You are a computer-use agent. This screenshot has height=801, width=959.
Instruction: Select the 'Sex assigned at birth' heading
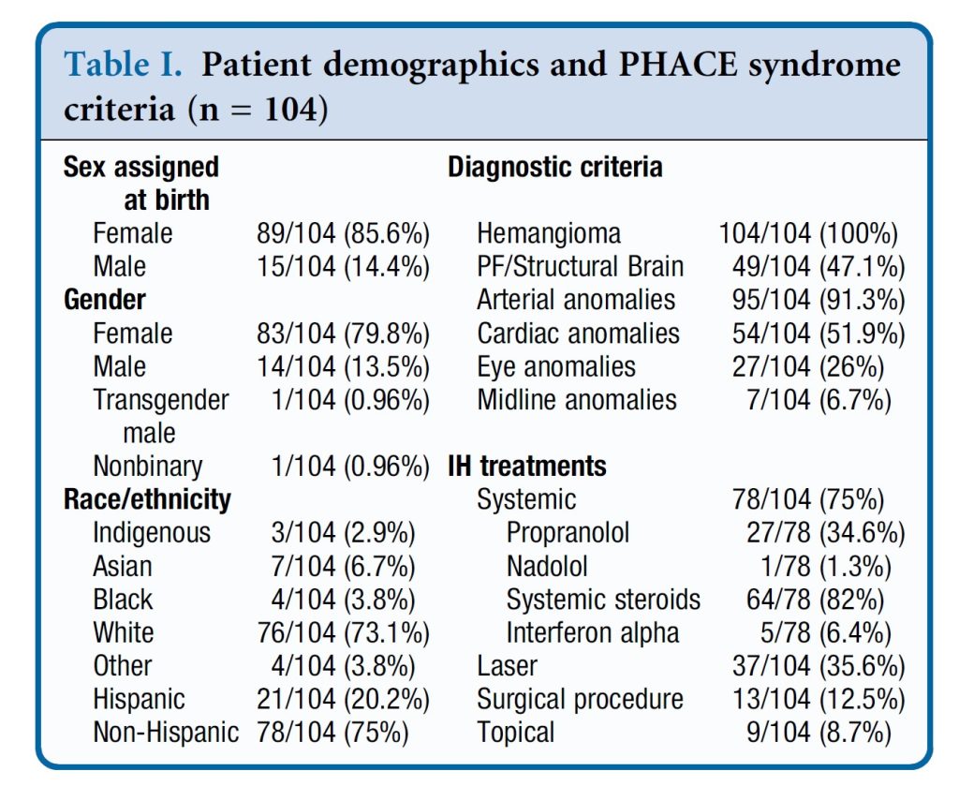click(x=140, y=184)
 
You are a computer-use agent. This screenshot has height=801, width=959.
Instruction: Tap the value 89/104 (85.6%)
click(x=343, y=233)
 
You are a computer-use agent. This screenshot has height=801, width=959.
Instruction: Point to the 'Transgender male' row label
click(x=161, y=416)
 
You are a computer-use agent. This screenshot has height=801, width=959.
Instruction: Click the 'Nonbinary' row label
click(x=148, y=466)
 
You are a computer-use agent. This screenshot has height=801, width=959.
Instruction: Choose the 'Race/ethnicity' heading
click(x=147, y=499)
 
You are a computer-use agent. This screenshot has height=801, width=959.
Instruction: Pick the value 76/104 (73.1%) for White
click(x=343, y=632)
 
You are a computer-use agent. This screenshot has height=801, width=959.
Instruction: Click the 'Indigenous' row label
click(x=152, y=533)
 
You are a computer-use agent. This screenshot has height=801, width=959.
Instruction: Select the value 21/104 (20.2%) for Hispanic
click(x=343, y=699)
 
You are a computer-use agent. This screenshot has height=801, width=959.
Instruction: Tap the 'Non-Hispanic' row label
click(x=166, y=732)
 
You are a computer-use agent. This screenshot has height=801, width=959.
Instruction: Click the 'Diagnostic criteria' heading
click(x=555, y=168)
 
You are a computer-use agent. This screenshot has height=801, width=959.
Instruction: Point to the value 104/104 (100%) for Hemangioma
click(x=808, y=233)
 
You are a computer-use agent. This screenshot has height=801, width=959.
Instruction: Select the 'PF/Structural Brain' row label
click(x=581, y=267)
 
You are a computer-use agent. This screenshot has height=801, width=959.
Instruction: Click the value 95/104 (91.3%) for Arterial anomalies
click(x=819, y=300)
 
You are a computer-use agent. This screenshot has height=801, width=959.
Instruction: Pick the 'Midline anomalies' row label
click(x=577, y=400)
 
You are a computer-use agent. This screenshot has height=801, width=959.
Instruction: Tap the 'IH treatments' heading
click(x=527, y=466)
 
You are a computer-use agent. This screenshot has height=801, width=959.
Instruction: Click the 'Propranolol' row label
click(x=568, y=533)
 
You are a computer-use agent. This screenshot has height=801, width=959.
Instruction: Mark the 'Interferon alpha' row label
click(x=593, y=632)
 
